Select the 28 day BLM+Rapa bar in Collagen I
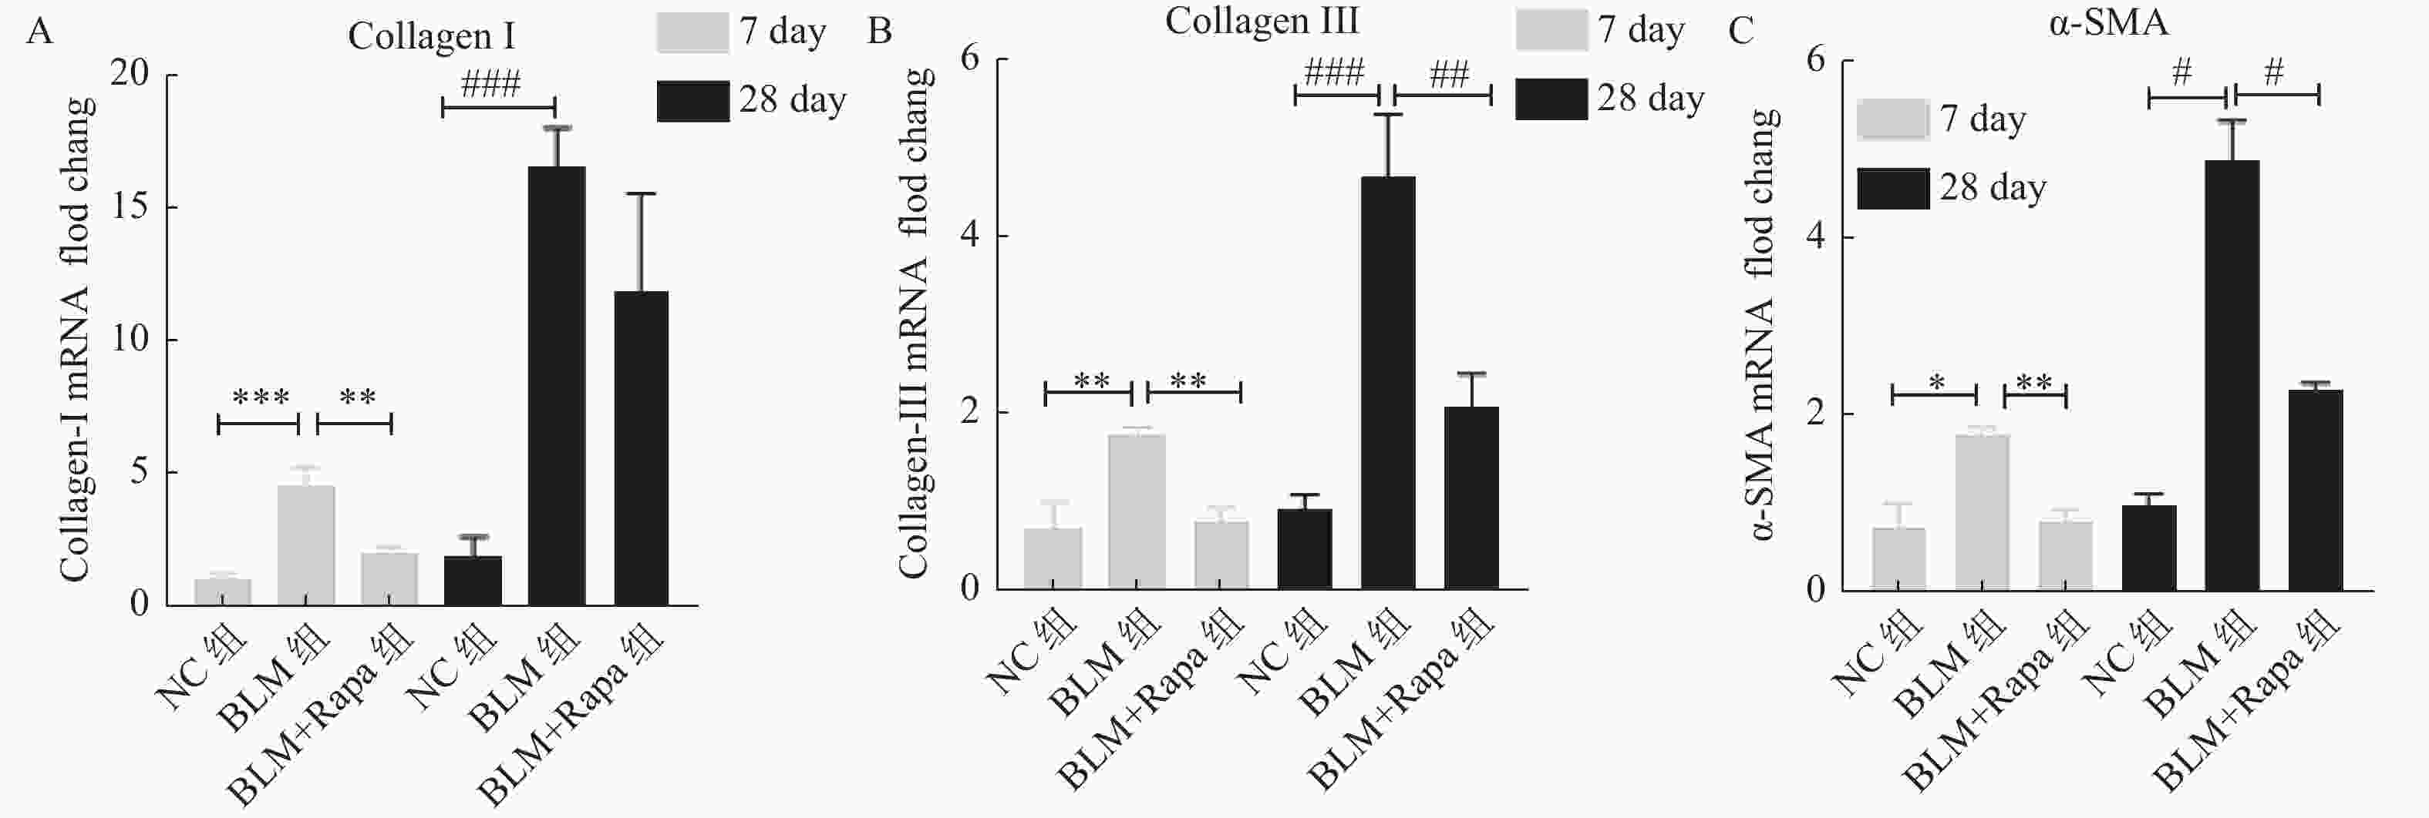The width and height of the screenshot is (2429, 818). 642,448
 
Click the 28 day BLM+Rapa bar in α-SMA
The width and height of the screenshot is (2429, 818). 2315,490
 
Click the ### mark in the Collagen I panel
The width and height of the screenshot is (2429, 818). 491,85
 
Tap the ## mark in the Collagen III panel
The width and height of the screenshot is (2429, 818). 1448,75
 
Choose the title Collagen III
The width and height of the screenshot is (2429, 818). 1262,22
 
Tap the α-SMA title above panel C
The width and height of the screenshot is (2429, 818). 2108,22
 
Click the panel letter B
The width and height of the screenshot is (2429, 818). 879,31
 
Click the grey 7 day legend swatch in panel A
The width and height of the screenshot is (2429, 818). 692,32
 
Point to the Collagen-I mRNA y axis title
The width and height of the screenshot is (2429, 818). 76,339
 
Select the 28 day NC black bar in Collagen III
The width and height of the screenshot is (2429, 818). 1305,548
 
